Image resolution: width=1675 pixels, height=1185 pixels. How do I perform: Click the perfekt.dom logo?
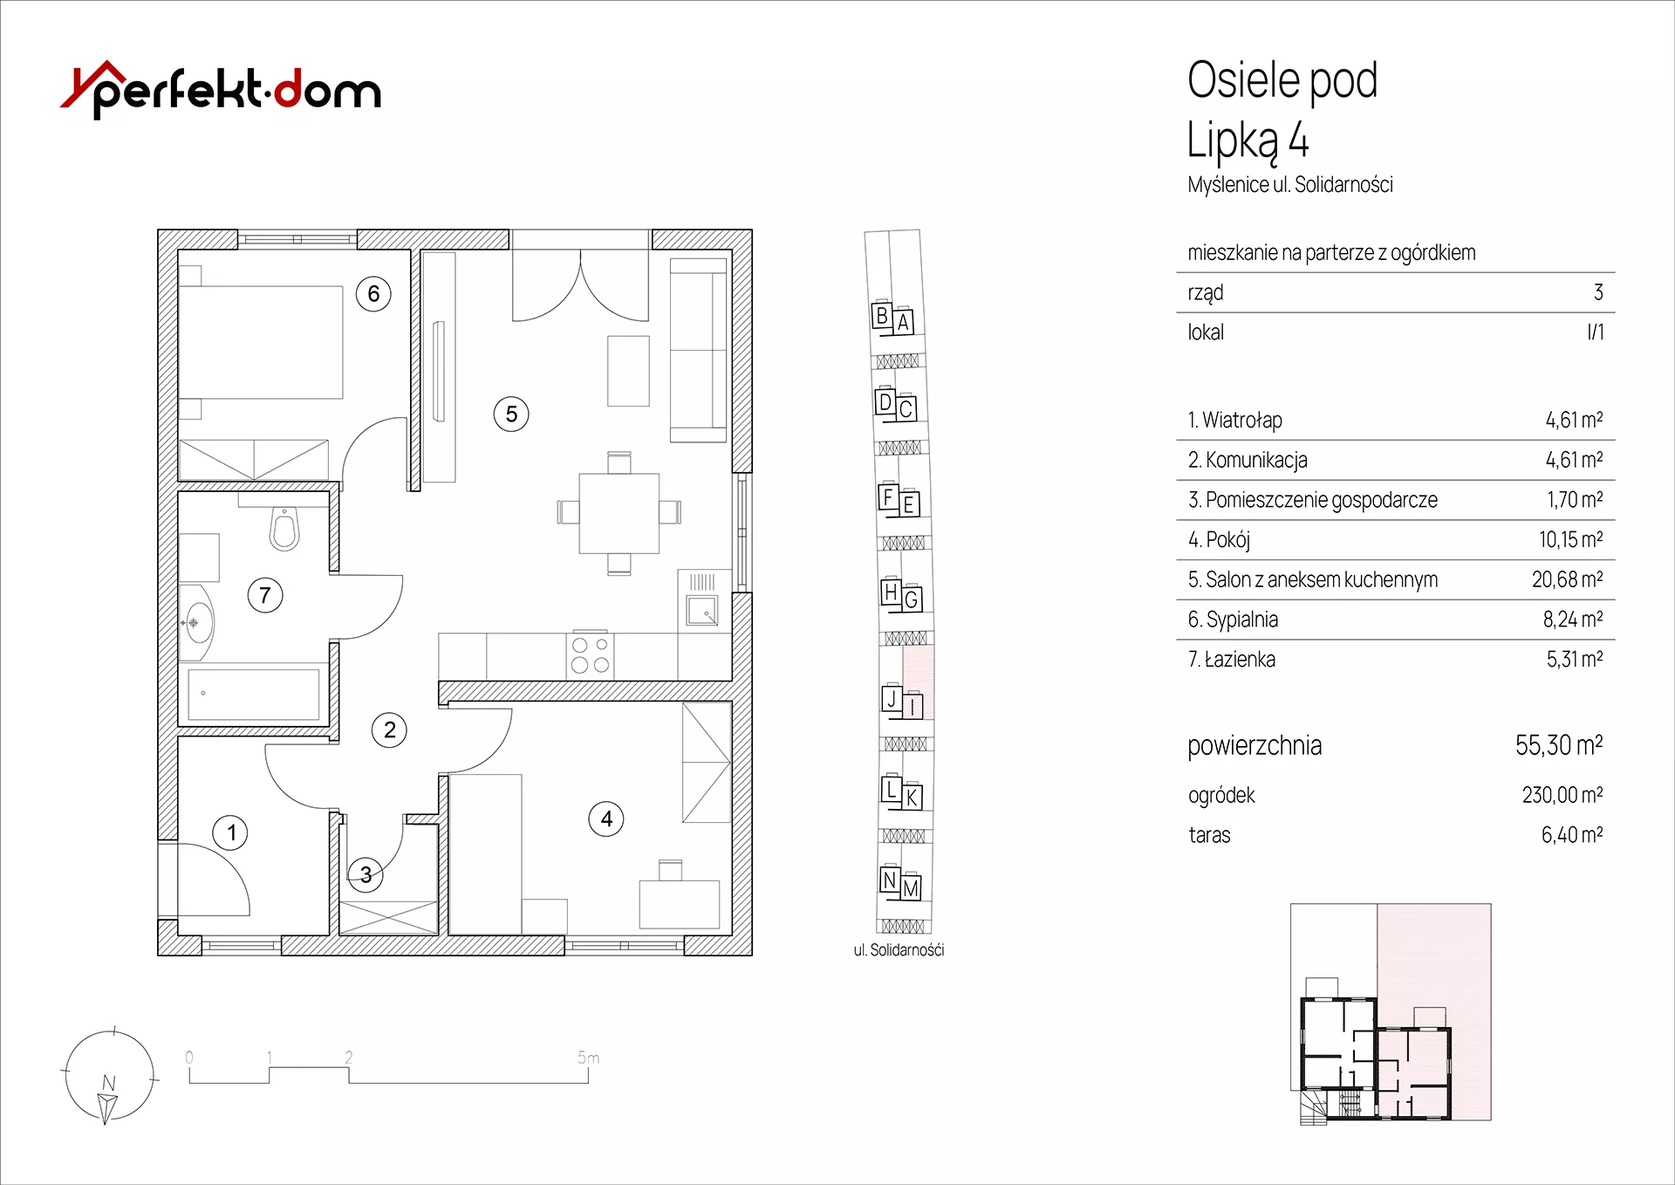pos(221,90)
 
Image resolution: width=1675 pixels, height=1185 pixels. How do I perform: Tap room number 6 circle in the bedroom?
pos(373,294)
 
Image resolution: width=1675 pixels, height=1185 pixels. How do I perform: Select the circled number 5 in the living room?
pos(511,414)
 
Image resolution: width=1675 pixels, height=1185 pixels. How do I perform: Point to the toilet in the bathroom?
pos(284,529)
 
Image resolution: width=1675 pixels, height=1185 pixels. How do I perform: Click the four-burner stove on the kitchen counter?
pos(591,654)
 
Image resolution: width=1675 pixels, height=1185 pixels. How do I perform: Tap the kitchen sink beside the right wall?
pos(702,610)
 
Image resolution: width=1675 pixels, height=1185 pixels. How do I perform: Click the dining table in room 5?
pos(619,512)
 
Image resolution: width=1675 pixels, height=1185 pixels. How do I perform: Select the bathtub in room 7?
pos(254,695)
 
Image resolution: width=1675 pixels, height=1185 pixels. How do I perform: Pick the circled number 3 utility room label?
pos(366,874)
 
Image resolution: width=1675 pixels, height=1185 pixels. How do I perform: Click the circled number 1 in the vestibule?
pos(230,832)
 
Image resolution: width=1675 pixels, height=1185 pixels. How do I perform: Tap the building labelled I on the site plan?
pos(913,706)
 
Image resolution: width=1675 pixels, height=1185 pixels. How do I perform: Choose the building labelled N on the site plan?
pos(889,880)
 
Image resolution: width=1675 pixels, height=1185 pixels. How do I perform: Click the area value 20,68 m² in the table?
pos(1567,579)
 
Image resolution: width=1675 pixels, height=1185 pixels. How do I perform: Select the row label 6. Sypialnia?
pos(1233,620)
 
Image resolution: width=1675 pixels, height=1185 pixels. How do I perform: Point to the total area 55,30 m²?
pos(1559,745)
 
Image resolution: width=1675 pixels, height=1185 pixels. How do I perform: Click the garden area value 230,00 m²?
pos(1562,795)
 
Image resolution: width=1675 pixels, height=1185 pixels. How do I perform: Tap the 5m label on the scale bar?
pos(589,1058)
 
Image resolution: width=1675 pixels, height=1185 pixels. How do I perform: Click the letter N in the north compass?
pos(108,1083)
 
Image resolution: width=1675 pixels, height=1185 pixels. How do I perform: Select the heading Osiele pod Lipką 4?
pos(1282,110)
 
